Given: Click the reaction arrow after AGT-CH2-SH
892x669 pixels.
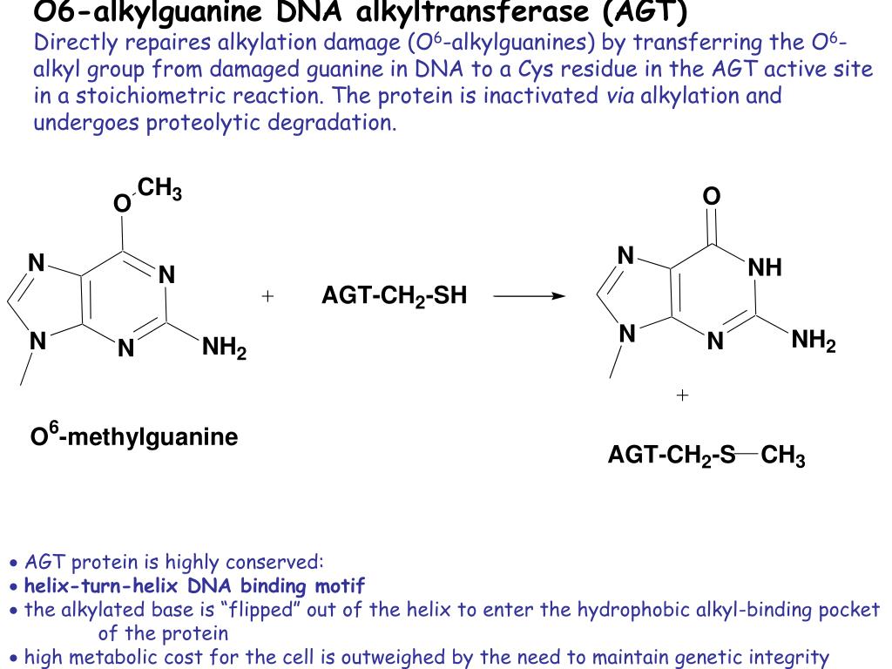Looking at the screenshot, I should pos(529,296).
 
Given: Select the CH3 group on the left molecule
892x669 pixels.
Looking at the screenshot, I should pos(159,189).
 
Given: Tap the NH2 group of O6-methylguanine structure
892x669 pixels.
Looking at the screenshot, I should pos(224,350).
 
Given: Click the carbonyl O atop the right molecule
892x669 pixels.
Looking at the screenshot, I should pos(712,197).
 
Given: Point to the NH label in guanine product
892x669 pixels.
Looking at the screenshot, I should pos(765,268).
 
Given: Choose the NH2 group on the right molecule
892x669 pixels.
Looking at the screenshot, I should pos(814,341).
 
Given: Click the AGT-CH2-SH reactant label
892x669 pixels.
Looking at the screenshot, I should pos(394,297).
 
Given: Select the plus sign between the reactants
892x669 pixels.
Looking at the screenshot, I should pos(267,296).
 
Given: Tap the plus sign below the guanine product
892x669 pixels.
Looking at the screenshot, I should pos(682,395).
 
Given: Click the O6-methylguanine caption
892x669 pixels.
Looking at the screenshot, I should pos(134,436).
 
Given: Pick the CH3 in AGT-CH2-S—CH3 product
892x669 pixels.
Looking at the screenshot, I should pos(783,456).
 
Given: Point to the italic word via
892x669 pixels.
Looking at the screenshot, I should pos(620,95).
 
